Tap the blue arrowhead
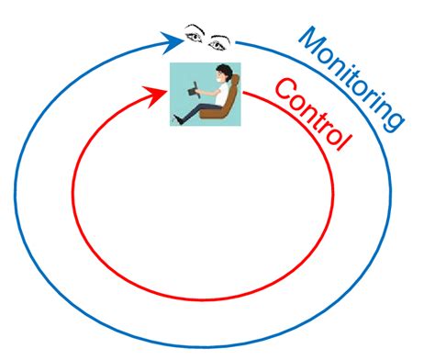coord(173,39)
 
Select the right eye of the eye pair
coord(219,41)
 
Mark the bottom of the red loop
coord(204,298)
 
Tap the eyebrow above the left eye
coord(194,27)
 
